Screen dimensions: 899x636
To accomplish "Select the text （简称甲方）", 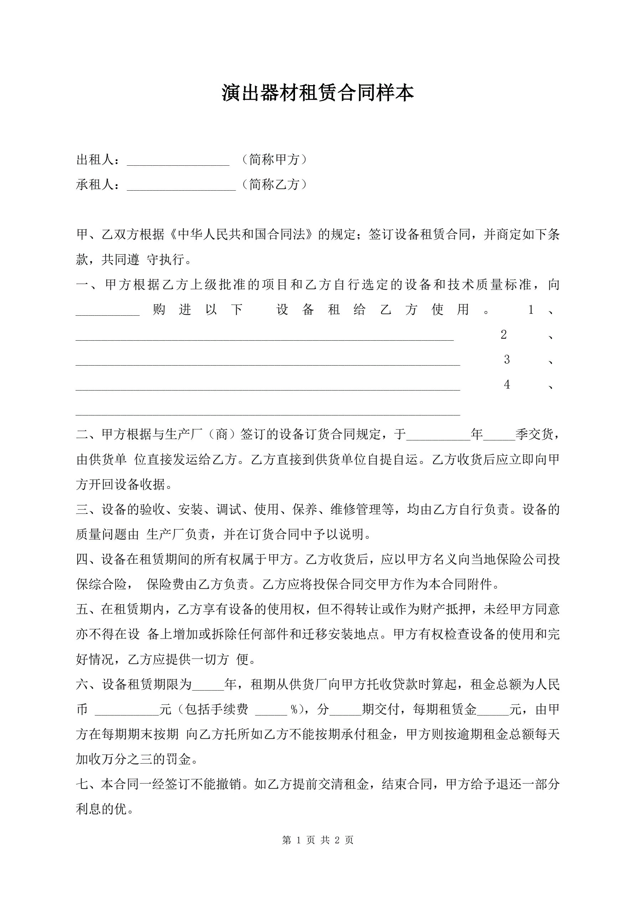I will pos(274,160).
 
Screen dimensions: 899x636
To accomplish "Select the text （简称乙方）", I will pos(274,185).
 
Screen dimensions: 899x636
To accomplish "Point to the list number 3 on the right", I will pos(507,360).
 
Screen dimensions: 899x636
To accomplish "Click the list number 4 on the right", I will pos(507,385).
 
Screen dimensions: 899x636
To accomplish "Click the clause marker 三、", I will pos(88,510).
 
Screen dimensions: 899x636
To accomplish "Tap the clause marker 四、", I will pos(88,559).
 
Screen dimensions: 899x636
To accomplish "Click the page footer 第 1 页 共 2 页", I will pos(317,840).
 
